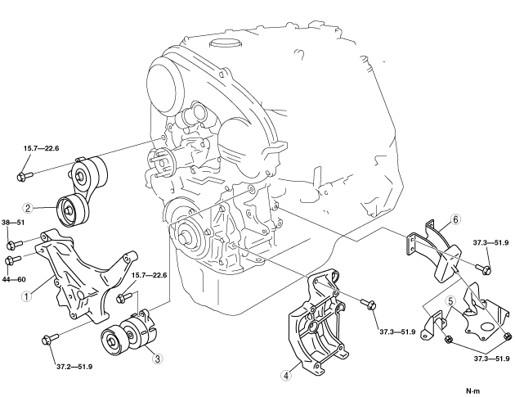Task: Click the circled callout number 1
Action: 26,295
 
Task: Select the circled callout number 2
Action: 29,208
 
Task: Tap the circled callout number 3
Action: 158,359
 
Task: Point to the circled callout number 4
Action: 286,375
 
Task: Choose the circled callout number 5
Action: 450,301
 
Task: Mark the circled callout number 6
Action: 455,219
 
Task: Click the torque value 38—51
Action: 13,223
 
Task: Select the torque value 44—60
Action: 14,280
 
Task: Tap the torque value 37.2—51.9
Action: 74,367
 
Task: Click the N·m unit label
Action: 472,391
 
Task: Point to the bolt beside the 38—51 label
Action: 15,245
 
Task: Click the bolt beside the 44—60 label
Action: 13,259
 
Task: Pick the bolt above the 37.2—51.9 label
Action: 50,339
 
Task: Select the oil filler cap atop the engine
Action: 224,43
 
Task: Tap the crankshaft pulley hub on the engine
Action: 186,237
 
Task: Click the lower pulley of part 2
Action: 73,210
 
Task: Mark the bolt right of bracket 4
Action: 369,304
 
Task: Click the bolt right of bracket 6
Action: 483,268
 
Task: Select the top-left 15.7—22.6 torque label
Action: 41,148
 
